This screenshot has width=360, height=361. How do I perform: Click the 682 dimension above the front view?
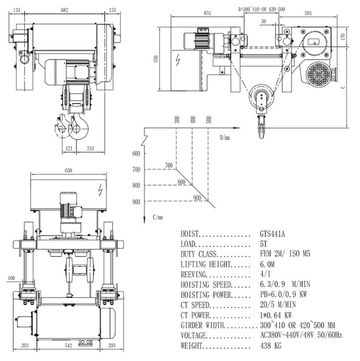pyautogui.click(x=64, y=10)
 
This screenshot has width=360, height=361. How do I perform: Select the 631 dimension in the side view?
pyautogui.click(x=207, y=13)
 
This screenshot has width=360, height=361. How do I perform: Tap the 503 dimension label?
pyautogui.click(x=308, y=13)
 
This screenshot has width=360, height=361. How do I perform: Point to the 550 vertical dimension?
pyautogui.click(x=156, y=59)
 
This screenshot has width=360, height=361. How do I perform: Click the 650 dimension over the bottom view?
pyautogui.click(x=68, y=170)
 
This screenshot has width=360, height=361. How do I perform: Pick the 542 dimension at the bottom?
pyautogui.click(x=68, y=345)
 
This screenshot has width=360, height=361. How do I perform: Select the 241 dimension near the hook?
pyautogui.click(x=90, y=149)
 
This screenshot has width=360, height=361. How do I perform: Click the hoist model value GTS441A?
pyautogui.click(x=272, y=234)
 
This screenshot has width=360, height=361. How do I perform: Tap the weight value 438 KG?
pyautogui.click(x=271, y=346)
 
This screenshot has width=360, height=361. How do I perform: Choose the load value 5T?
pyautogui.click(x=263, y=244)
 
